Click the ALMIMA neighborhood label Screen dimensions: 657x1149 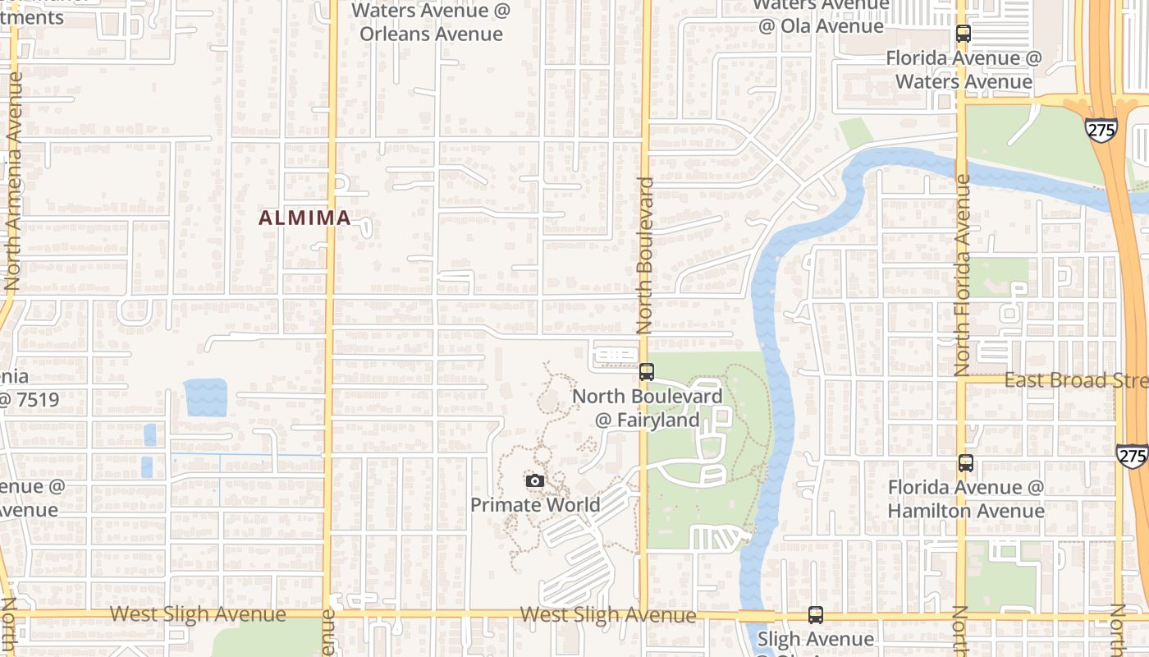[304, 218]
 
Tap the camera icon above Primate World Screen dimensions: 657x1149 [534, 480]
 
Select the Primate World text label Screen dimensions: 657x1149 [535, 504]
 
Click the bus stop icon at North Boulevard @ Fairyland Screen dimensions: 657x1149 [647, 372]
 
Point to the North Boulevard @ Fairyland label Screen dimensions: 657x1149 [648, 408]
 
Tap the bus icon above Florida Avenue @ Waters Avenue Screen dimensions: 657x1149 [964, 34]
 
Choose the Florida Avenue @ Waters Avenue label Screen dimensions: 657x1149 [964, 70]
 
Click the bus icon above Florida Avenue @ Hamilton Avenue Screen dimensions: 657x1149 [966, 463]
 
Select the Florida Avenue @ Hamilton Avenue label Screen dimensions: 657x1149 [966, 498]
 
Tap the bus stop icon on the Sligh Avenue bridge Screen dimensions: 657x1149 [815, 614]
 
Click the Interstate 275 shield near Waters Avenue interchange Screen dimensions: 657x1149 [1100, 129]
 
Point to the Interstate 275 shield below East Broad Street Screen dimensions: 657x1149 [1133, 456]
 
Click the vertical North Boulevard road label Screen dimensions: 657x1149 [644, 255]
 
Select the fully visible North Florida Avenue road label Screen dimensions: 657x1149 [962, 275]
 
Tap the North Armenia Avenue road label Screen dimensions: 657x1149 [12, 181]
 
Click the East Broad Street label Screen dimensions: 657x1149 [1075, 380]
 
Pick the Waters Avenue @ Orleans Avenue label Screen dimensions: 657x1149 [431, 22]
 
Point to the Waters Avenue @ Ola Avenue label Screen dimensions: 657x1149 [821, 15]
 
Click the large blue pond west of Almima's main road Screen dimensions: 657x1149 [205, 397]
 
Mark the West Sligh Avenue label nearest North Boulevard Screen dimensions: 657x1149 [607, 614]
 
